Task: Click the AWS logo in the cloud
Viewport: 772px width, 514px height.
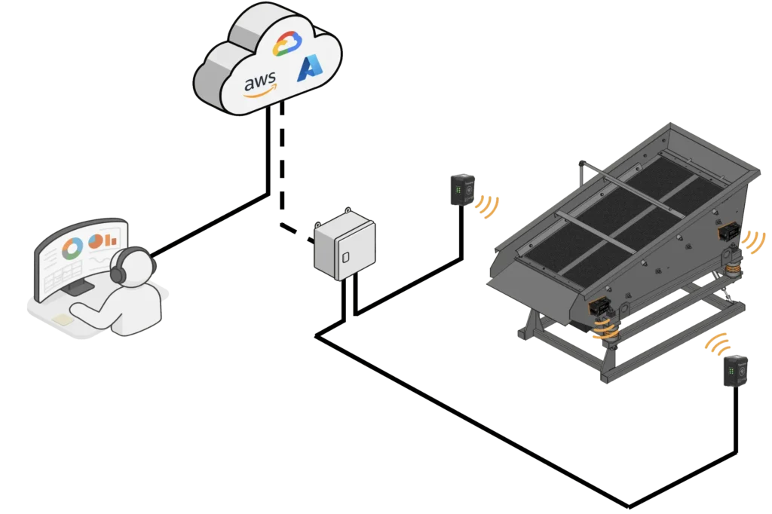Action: (x=260, y=82)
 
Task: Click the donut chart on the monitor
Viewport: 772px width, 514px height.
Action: (x=74, y=246)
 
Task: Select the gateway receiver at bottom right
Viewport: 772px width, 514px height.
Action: (x=735, y=372)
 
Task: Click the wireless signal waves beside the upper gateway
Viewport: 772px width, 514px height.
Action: (x=489, y=206)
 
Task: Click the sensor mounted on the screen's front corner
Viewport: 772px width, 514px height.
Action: (x=600, y=308)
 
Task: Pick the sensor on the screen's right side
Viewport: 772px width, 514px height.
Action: (x=728, y=232)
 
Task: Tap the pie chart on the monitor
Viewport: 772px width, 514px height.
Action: (x=95, y=241)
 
